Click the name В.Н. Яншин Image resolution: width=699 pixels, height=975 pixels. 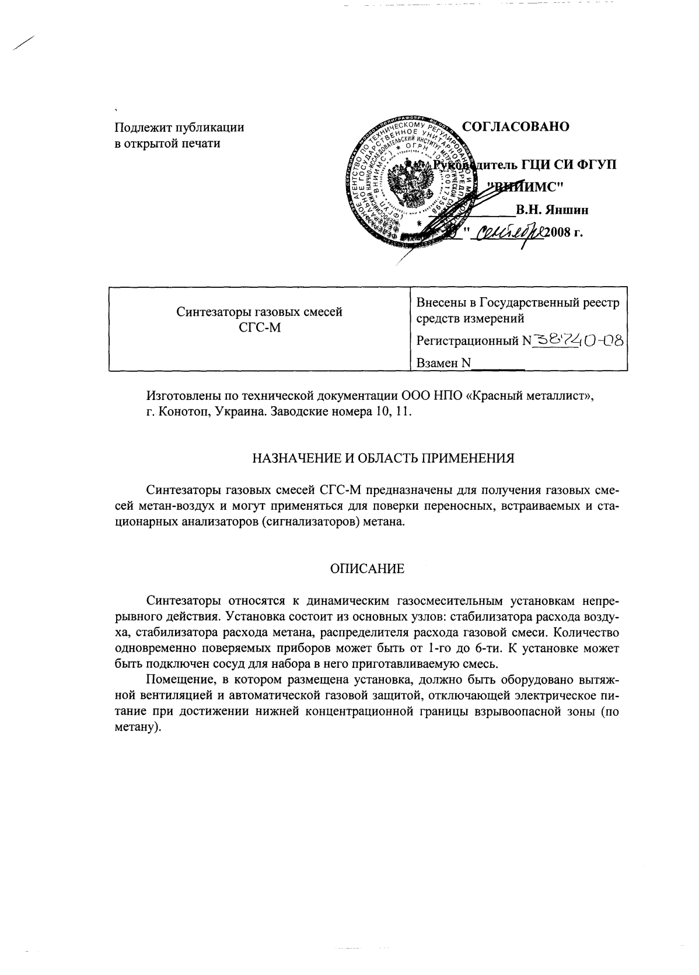[x=551, y=210]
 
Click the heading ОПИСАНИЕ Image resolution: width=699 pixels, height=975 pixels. [x=367, y=568]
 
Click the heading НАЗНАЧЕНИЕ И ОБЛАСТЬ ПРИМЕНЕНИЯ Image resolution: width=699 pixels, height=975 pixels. [x=383, y=458]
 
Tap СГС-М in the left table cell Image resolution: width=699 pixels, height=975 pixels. [x=260, y=328]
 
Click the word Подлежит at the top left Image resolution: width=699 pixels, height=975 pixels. [x=138, y=127]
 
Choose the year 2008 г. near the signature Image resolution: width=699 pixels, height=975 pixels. [x=564, y=234]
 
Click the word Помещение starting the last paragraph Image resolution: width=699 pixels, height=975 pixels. [x=178, y=680]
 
